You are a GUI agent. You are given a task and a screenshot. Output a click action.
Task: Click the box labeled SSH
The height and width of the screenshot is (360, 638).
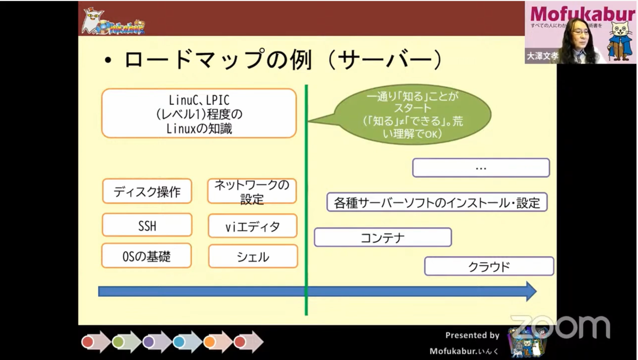147,225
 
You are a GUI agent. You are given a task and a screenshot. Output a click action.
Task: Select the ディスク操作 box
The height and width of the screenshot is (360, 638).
147,191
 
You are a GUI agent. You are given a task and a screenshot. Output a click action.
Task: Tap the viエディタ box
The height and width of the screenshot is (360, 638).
252,227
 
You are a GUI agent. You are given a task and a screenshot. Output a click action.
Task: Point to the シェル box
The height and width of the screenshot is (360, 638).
253,257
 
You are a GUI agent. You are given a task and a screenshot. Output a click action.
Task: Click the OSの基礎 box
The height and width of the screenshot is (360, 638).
147,257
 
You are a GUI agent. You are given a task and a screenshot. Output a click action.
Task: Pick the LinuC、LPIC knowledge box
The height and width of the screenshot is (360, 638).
198,113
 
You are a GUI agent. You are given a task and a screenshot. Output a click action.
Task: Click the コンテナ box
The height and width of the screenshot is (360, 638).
383,237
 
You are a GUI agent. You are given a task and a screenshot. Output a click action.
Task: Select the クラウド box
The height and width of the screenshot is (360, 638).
489,266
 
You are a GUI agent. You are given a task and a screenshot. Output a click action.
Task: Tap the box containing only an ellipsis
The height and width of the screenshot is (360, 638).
481,168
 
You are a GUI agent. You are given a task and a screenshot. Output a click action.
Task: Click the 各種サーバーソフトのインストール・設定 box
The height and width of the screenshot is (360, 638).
437,202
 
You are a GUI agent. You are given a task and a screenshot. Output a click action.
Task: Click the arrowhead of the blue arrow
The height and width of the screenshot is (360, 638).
530,291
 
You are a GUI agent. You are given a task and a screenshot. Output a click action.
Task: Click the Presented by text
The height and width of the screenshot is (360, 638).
472,335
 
